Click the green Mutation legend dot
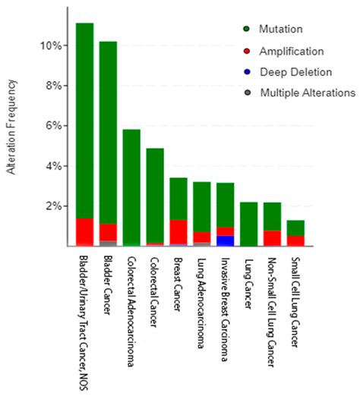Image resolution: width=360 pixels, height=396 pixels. coord(247,30)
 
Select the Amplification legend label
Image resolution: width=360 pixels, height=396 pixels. coord(292,51)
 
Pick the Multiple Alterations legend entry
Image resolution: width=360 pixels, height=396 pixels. coord(308,93)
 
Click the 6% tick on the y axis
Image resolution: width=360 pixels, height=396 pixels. coord(52,126)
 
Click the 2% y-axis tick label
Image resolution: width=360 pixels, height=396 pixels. coord(52,206)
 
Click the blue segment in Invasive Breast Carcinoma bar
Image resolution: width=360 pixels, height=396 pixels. coord(225,240)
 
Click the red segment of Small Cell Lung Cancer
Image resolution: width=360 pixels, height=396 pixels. coord(295,240)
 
